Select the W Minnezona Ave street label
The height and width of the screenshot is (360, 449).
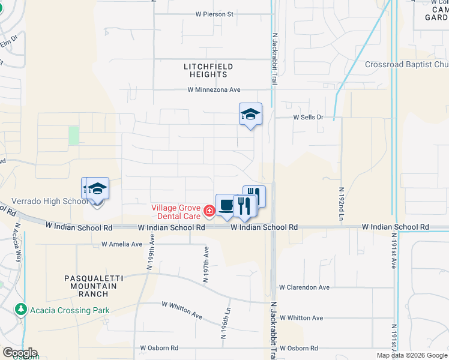point(214,90)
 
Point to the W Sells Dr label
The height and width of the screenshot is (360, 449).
point(308,118)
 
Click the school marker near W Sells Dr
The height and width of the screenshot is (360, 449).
point(250,114)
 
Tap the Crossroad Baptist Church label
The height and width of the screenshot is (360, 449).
point(406,65)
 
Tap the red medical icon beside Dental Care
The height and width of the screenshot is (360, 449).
point(209,211)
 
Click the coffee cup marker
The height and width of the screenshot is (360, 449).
point(226,205)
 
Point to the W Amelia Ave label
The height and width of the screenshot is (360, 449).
point(122,244)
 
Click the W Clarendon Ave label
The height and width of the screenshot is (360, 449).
point(304,287)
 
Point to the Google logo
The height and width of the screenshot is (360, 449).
point(20,353)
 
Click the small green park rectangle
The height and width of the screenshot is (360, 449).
point(74,135)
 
